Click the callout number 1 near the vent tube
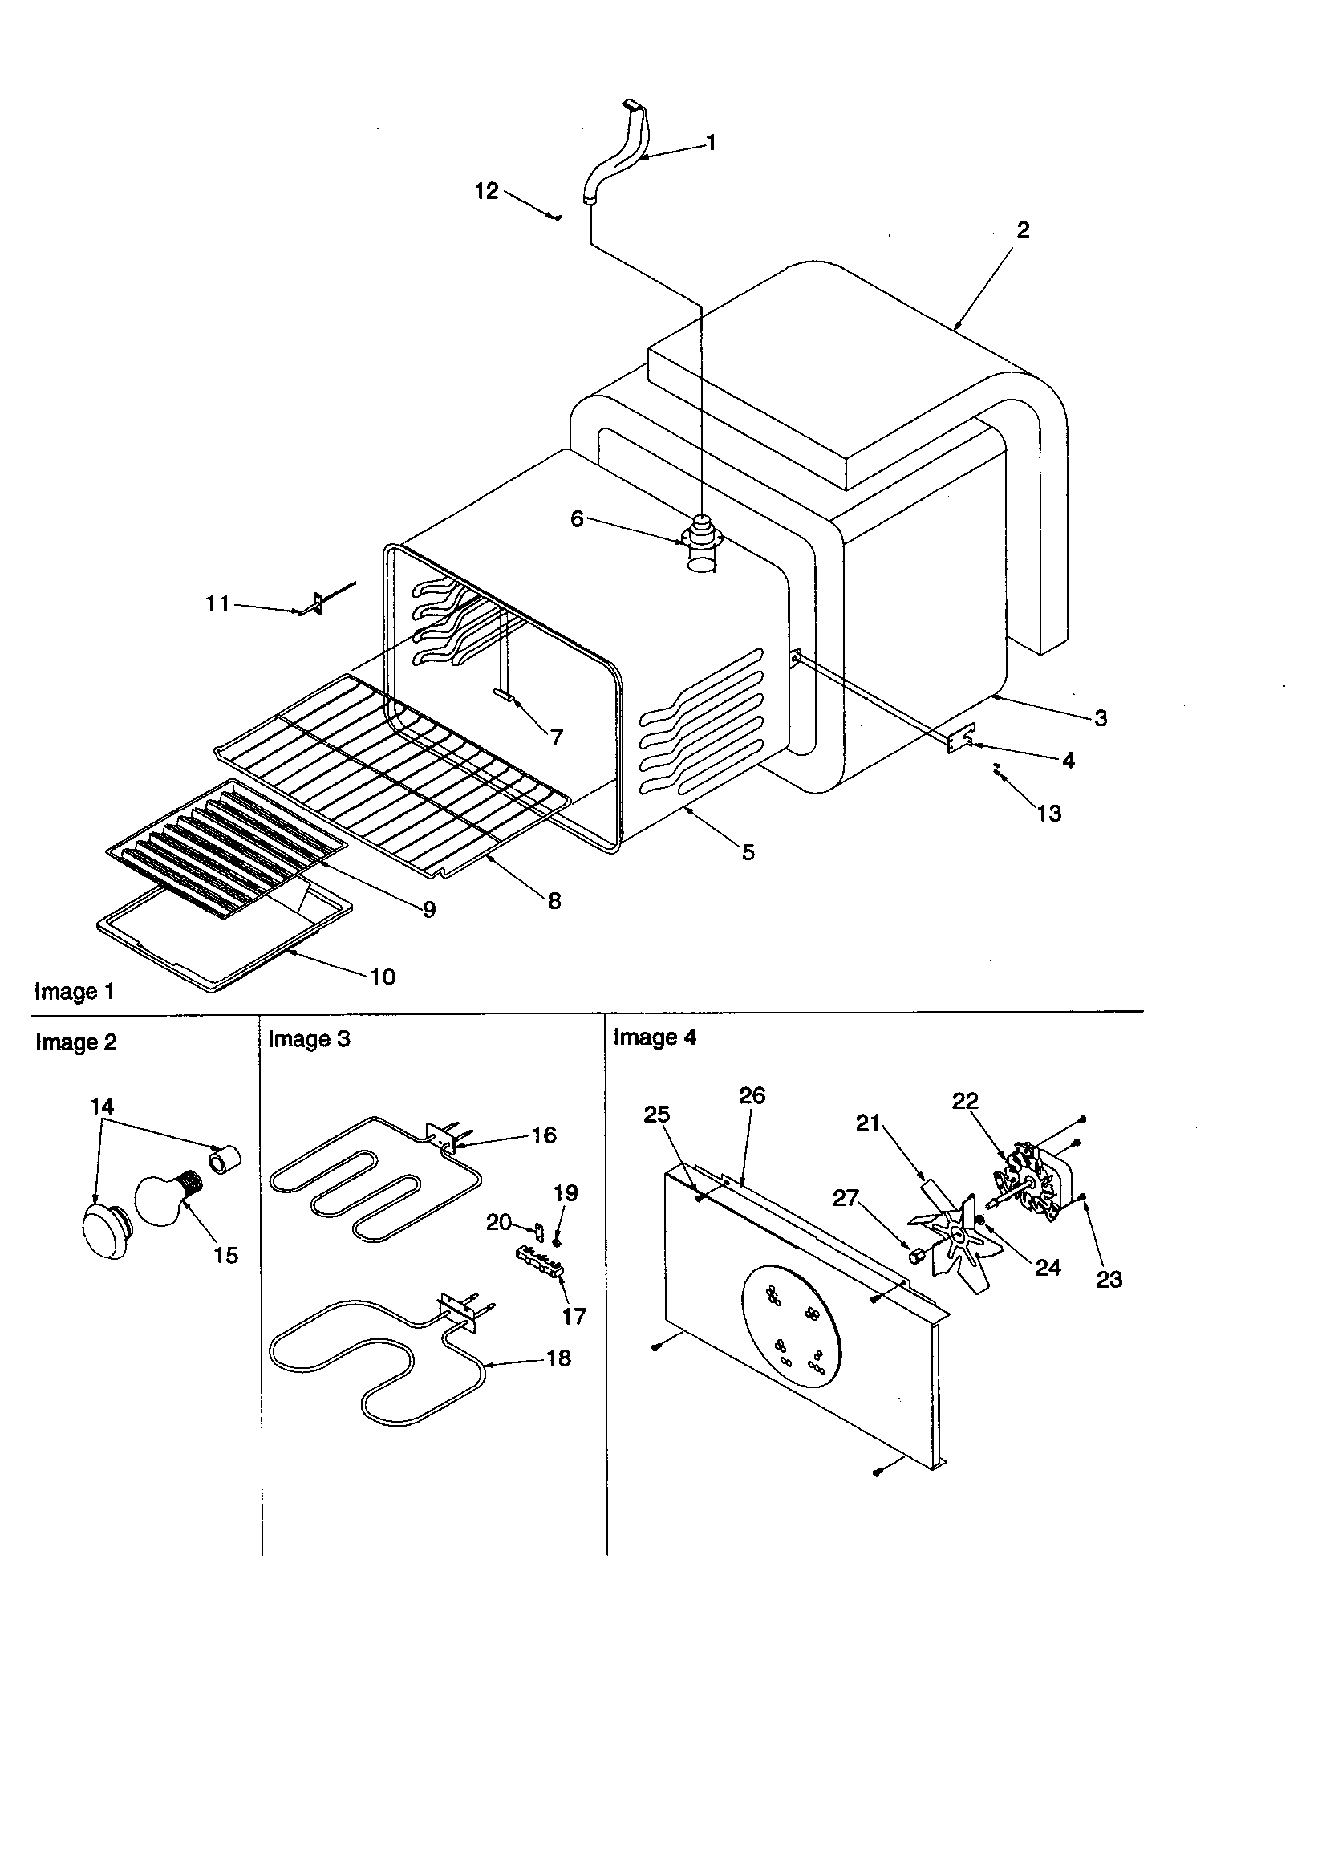(x=711, y=143)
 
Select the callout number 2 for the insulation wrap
(x=1023, y=230)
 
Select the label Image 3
(x=309, y=1039)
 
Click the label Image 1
(x=75, y=992)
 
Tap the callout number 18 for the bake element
(x=558, y=1358)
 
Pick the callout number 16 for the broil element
(x=544, y=1135)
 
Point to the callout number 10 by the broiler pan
(x=383, y=977)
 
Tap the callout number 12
(x=486, y=191)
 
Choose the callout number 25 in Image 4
(x=657, y=1115)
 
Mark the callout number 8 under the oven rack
(x=554, y=901)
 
